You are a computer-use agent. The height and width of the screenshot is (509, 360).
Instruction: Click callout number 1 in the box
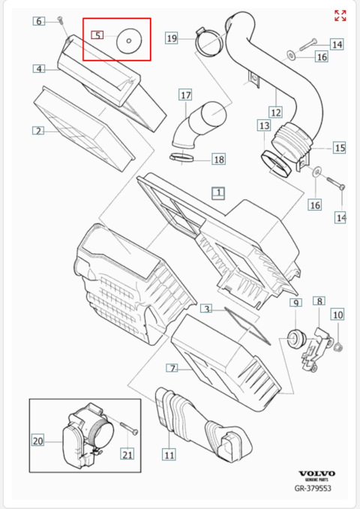pos(217,193)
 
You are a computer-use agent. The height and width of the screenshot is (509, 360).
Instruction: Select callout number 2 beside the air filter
pos(37,130)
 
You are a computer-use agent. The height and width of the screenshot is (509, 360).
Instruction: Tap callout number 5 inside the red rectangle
pos(97,35)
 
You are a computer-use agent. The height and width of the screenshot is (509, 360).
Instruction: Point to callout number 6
pos(38,21)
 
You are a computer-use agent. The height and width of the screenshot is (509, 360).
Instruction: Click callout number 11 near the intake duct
pos(169,454)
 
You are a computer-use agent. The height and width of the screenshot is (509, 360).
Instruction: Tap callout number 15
pos(339,148)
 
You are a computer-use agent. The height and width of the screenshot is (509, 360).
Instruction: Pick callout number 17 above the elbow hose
pos(185,95)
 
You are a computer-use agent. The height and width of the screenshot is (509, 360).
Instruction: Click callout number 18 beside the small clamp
pos(218,159)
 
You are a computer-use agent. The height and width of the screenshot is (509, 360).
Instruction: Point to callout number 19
pos(172,37)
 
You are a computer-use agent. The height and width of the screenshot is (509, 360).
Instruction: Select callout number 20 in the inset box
pos(38,441)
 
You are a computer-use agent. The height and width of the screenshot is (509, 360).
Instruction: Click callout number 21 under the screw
pos(127,454)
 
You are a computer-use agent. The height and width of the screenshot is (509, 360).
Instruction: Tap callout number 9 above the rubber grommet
pos(295,302)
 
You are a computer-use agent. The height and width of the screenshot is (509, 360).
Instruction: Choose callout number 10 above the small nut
pos(337,314)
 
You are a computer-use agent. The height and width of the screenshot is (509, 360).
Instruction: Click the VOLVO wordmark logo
pos(317,474)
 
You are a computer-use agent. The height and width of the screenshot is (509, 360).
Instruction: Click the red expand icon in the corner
pos(340,16)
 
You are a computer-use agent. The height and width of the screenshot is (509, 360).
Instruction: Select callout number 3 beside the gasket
pos(206,308)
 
